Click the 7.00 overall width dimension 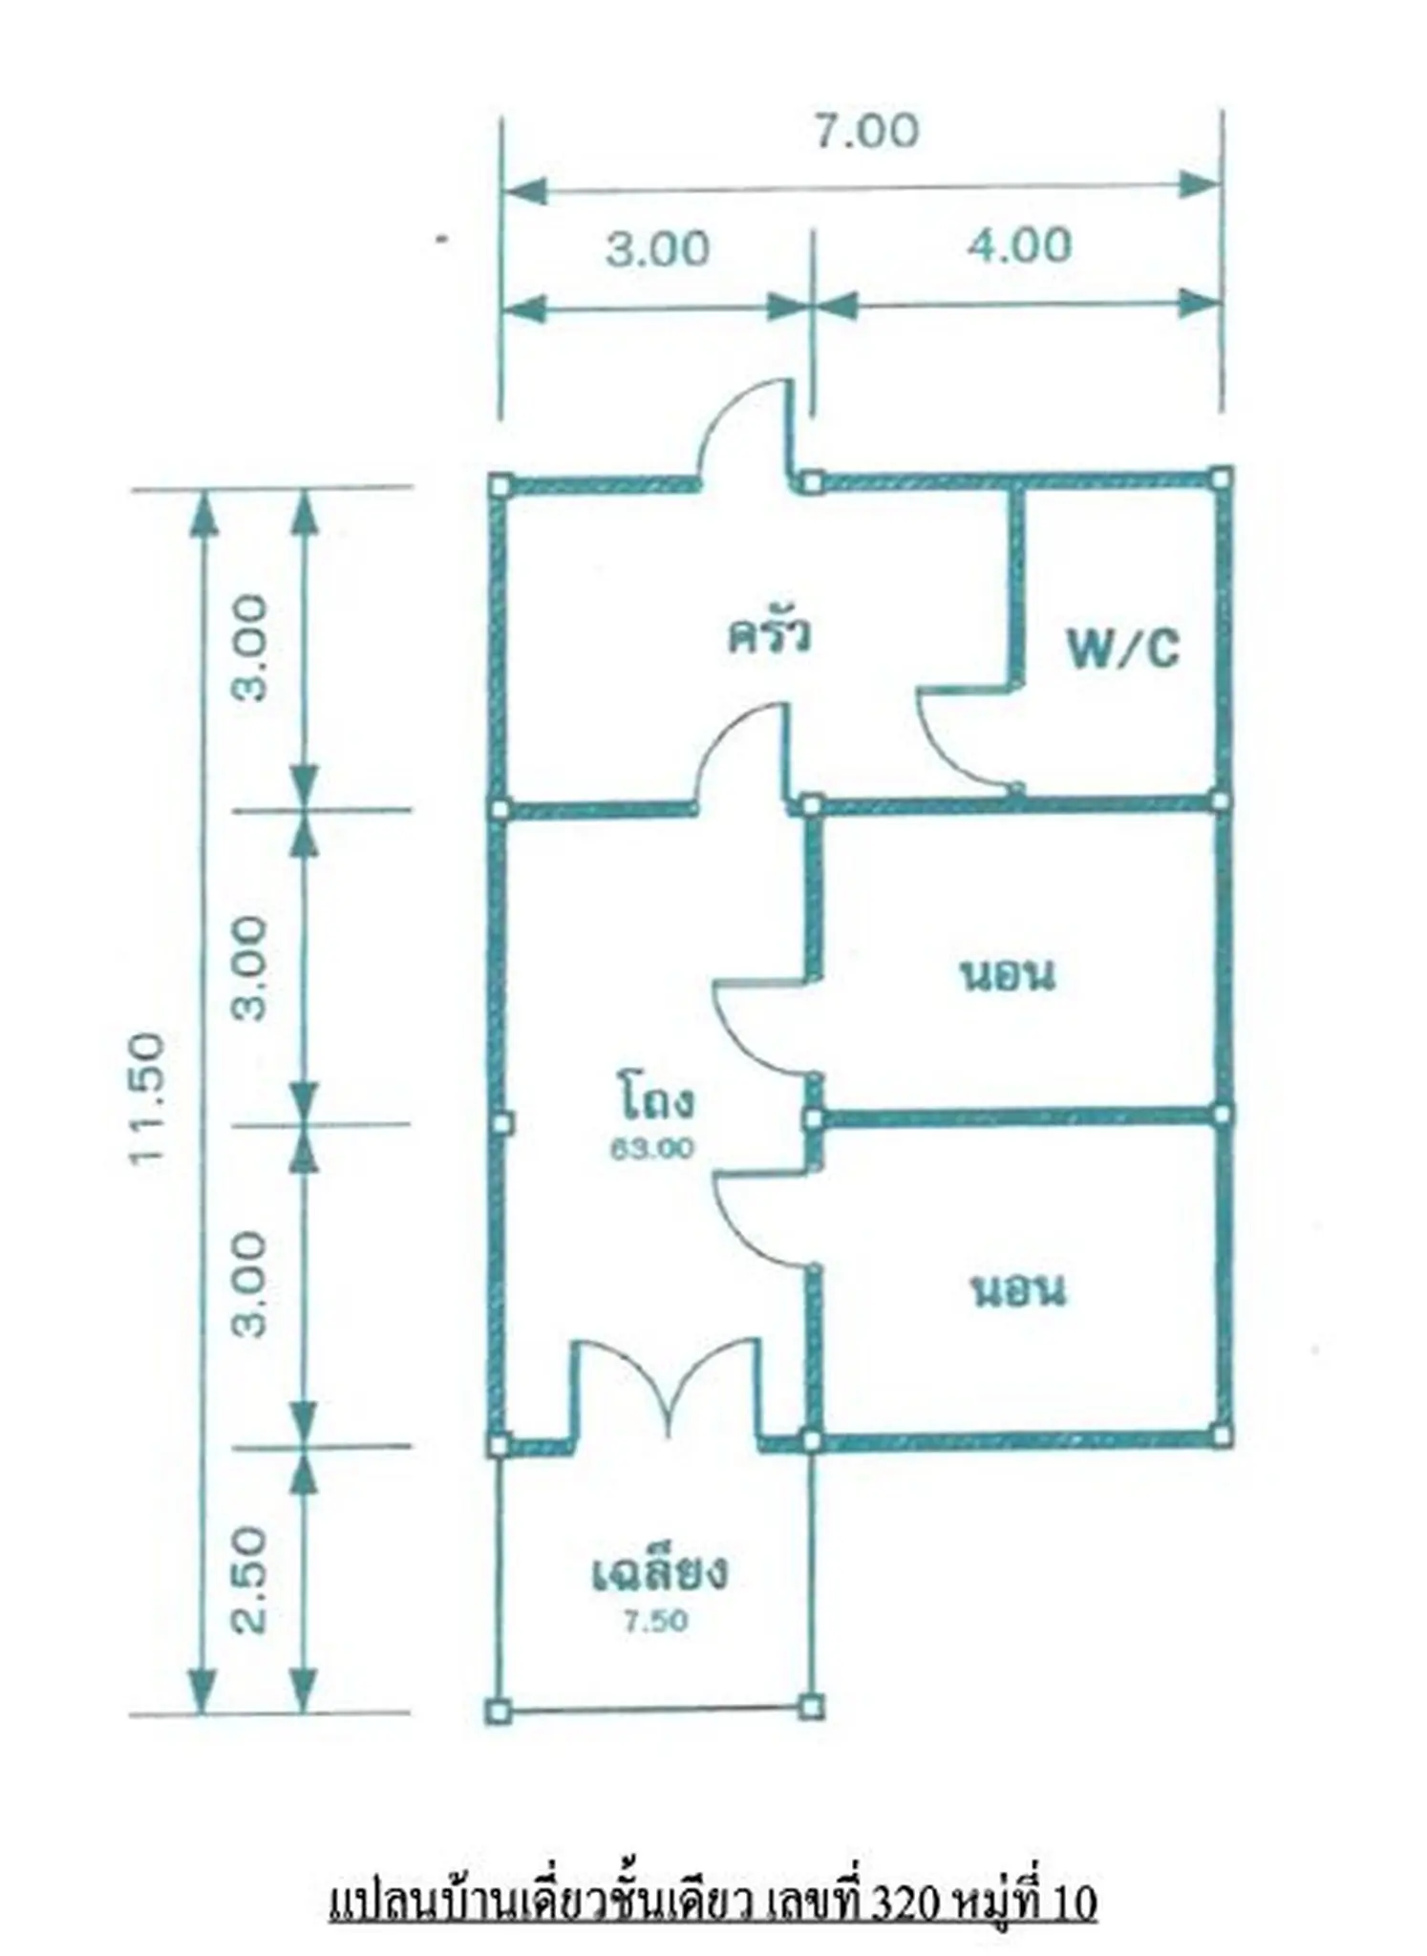(866, 131)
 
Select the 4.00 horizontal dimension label (1019, 245)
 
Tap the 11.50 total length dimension (149, 1097)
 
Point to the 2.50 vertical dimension (250, 1580)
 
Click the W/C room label (1123, 649)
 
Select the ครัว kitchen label (770, 635)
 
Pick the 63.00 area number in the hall (652, 1149)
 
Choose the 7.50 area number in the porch (655, 1621)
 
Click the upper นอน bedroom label (1009, 976)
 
